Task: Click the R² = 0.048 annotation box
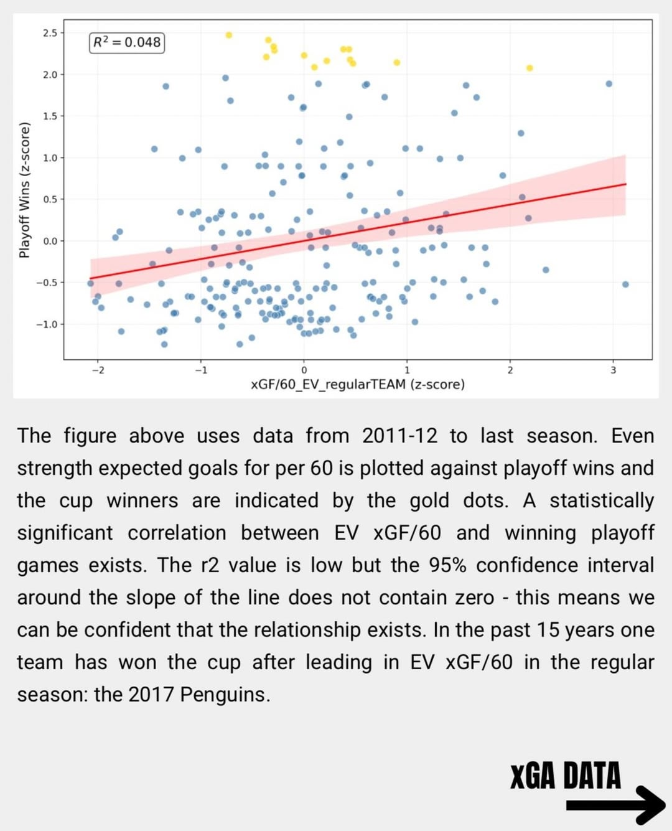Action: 127,42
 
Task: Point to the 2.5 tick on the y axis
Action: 50,33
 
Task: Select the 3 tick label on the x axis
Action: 613,370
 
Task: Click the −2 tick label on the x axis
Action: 98,370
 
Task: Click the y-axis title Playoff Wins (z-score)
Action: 24,190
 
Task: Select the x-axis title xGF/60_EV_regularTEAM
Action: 357,385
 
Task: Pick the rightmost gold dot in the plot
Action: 530,68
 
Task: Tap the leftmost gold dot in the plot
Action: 229,35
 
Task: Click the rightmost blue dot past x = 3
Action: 625,284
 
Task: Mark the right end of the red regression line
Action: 625,184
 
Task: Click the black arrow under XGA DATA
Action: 615,805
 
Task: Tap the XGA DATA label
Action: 565,776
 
